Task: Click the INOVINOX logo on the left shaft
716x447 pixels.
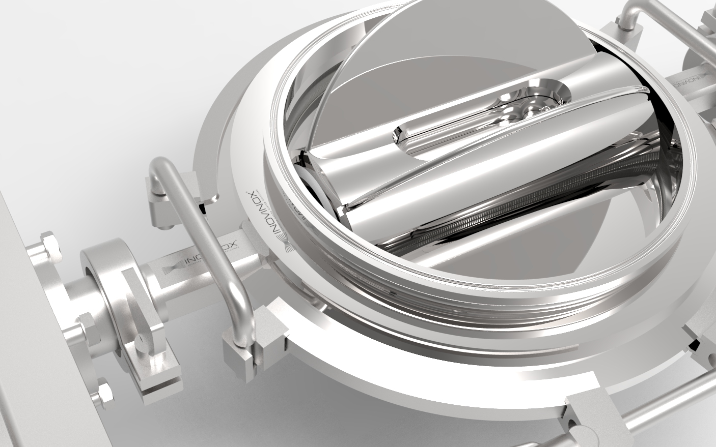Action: click(209, 262)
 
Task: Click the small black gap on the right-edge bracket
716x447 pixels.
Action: click(693, 345)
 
